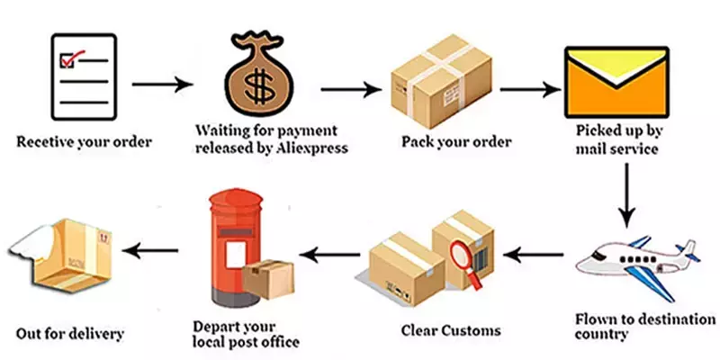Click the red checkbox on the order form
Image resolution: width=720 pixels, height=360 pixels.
tap(67, 61)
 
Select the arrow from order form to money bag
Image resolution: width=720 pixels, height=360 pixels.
tap(162, 85)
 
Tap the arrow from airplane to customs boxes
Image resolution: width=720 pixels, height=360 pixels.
tap(533, 256)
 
